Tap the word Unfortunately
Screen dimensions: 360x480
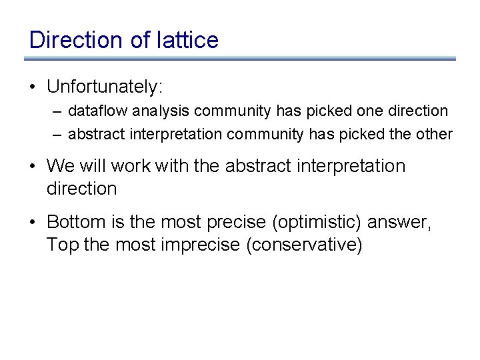point(105,87)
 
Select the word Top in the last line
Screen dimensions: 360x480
point(63,245)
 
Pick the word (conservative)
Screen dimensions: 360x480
point(304,245)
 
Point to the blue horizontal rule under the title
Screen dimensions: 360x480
point(240,59)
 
